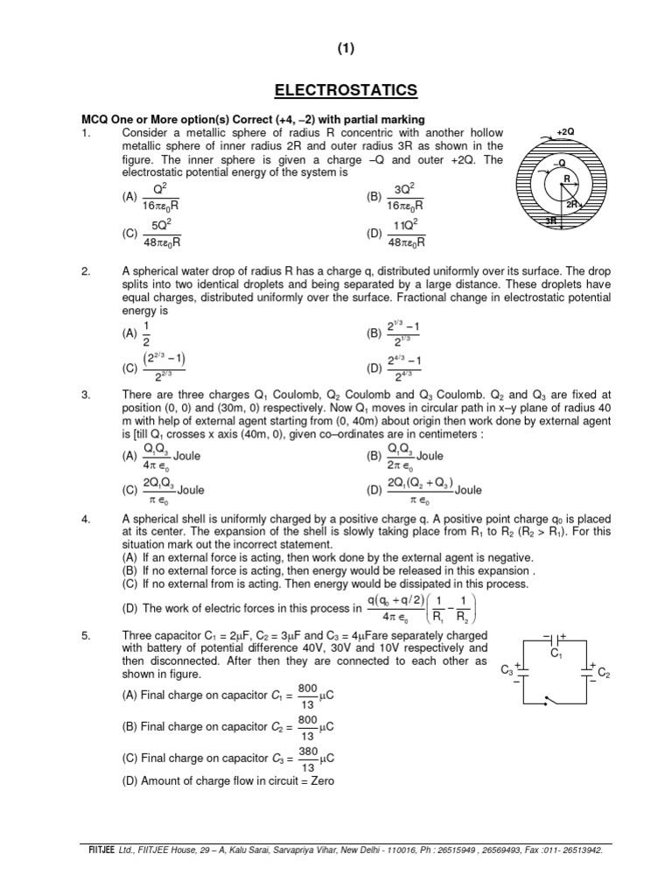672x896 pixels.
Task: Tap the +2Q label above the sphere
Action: pyautogui.click(x=565, y=131)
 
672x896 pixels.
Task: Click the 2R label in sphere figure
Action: pyautogui.click(x=573, y=204)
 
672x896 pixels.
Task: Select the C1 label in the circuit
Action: pyautogui.click(x=555, y=653)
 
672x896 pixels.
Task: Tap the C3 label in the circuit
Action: pyautogui.click(x=507, y=671)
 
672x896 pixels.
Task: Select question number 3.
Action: pyautogui.click(x=86, y=419)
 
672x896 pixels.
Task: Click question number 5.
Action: pyautogui.click(x=86, y=635)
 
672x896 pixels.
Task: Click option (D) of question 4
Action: pyautogui.click(x=129, y=608)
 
